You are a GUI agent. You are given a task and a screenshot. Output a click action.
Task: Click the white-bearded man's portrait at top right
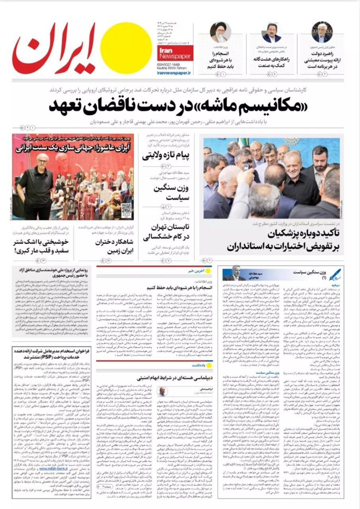[x=321, y=33]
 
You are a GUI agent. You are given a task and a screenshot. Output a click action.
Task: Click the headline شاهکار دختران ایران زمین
[x=115, y=246]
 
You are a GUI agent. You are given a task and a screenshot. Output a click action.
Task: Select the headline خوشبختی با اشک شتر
[x=41, y=246]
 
